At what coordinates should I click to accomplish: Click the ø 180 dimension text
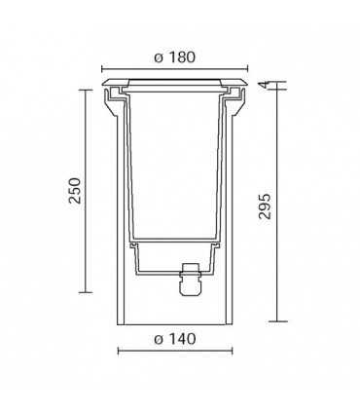point(174,57)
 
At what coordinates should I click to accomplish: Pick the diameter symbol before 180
point(158,57)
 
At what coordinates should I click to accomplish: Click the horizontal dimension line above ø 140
point(174,351)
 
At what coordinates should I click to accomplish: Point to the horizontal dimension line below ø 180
point(174,69)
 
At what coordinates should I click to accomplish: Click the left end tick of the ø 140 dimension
point(118,351)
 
